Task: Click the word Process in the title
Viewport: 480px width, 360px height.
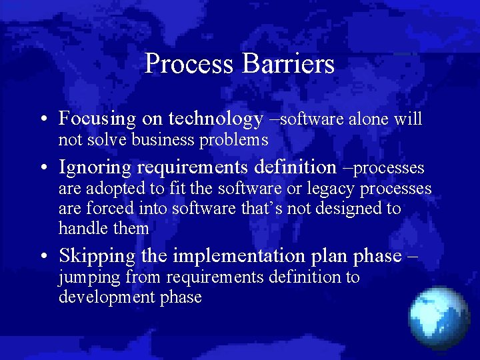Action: (189, 64)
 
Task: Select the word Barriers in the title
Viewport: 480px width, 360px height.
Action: (288, 64)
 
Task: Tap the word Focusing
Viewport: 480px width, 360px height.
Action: (97, 119)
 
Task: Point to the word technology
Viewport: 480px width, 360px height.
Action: (216, 119)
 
